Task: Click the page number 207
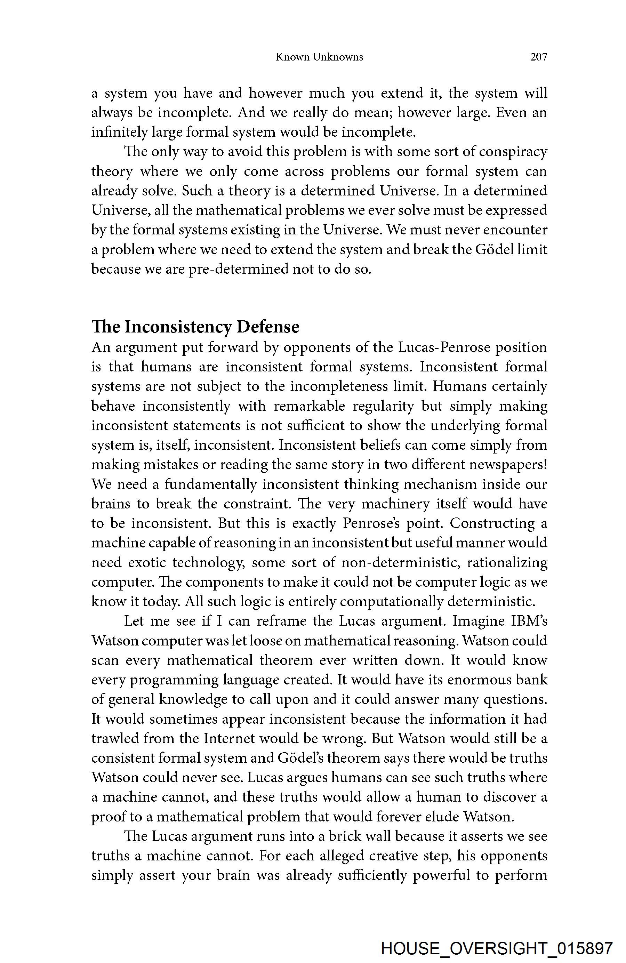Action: click(538, 57)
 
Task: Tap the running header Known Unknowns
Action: click(319, 57)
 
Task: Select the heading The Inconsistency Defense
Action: click(195, 327)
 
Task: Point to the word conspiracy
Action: click(513, 152)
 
